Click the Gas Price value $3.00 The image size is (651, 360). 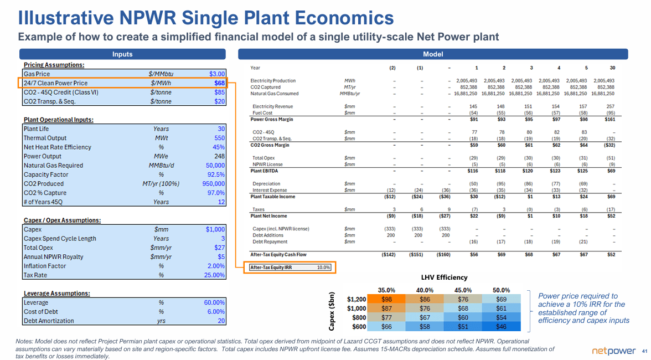[x=216, y=74]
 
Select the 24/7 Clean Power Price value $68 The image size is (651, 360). [x=219, y=83]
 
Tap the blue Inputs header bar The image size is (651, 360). [x=122, y=54]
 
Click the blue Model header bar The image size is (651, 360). [x=432, y=54]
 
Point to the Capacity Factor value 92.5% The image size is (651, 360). [x=215, y=174]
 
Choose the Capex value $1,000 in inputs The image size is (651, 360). [x=215, y=229]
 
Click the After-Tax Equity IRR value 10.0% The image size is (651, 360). [x=323, y=268]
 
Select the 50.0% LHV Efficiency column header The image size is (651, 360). [x=500, y=290]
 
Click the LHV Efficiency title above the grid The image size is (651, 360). [x=444, y=277]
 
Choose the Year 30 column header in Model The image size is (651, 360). [x=611, y=68]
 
